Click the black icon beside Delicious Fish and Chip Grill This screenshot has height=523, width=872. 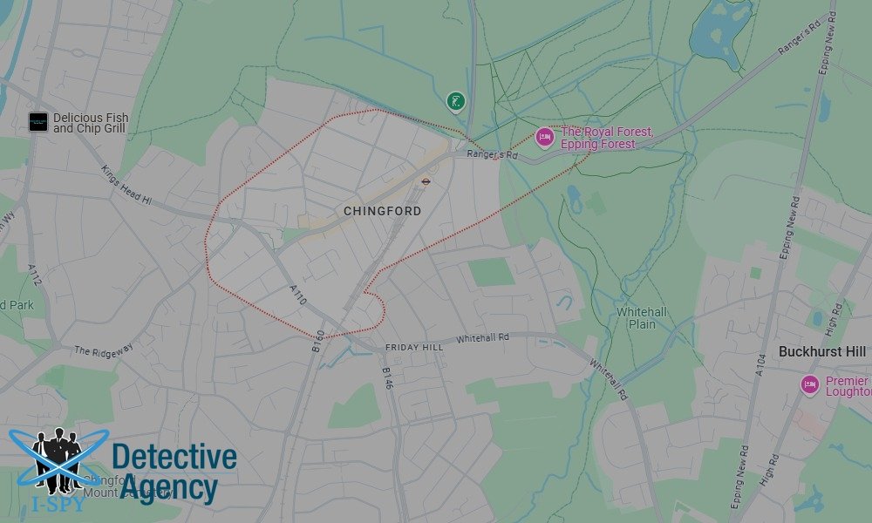coord(37,122)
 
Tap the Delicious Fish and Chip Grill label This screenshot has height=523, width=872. coord(90,123)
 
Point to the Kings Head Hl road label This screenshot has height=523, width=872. coord(126,186)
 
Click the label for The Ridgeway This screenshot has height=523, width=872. coord(104,350)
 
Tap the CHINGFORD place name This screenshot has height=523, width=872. coord(382,212)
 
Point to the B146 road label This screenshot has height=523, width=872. coord(388,379)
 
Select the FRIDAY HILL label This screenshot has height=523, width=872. coord(414,348)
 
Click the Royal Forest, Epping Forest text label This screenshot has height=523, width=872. coord(606,138)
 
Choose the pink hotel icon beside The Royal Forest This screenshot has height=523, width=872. coord(545,136)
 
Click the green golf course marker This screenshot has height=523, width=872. coord(455,101)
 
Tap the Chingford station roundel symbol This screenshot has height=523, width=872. coord(426,181)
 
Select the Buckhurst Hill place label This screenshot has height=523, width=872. coord(822,351)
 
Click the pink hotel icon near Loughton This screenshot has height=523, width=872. coord(810,384)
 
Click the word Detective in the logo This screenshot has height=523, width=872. coord(174,457)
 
